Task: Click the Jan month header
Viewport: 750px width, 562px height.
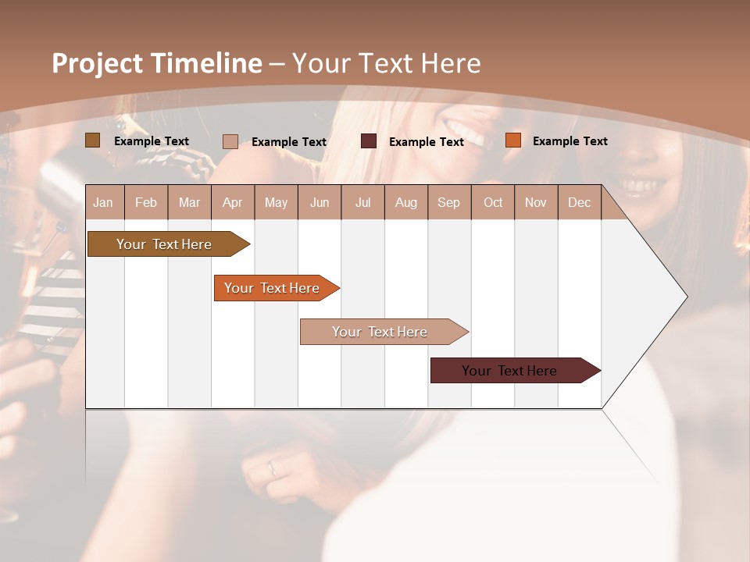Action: (x=103, y=202)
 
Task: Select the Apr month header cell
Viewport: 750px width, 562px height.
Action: (x=233, y=202)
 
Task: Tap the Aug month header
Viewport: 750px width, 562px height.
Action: (x=405, y=202)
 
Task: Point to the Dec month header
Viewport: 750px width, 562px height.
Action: (x=579, y=202)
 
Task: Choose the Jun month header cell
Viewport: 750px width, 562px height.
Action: (x=320, y=202)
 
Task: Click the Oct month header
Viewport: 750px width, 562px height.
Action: (x=493, y=202)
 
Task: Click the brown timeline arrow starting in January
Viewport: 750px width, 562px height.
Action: (x=164, y=244)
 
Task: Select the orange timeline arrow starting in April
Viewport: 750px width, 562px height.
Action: (x=272, y=288)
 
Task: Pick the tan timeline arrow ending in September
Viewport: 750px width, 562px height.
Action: (x=380, y=332)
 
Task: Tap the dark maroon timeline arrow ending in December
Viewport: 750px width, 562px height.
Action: (x=509, y=371)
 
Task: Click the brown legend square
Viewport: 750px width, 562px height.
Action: (x=92, y=140)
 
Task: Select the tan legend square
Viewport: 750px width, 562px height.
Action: (x=230, y=141)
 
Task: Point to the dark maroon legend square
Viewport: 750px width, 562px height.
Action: (x=369, y=141)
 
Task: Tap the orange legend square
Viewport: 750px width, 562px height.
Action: (x=512, y=140)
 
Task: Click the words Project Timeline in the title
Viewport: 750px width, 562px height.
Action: (x=156, y=63)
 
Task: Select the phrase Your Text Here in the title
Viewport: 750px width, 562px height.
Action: (x=387, y=63)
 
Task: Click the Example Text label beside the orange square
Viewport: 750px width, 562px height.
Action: (x=570, y=141)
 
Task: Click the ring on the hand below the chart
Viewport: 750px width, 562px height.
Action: (x=271, y=468)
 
